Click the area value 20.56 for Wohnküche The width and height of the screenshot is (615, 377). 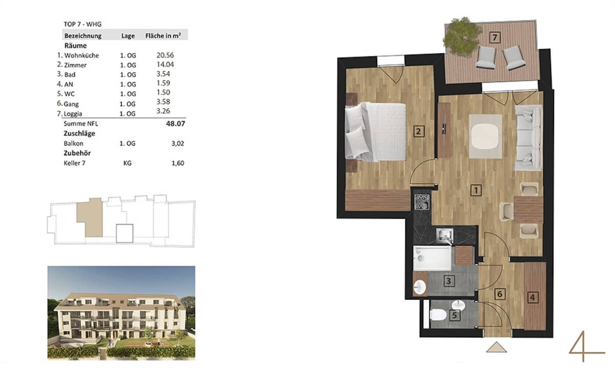point(164,55)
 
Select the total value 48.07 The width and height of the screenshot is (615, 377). point(174,124)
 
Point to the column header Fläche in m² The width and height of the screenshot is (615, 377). point(166,36)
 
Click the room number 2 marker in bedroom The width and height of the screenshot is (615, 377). point(419,131)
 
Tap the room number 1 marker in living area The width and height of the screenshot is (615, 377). point(476,191)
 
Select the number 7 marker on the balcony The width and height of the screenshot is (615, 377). point(494,37)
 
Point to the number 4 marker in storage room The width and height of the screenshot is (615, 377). point(533,296)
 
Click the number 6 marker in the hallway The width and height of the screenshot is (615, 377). point(500,294)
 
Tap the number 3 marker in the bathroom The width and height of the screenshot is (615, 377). point(448,281)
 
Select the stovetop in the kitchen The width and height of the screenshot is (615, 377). point(423,201)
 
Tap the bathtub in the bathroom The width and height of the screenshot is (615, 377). point(433,258)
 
